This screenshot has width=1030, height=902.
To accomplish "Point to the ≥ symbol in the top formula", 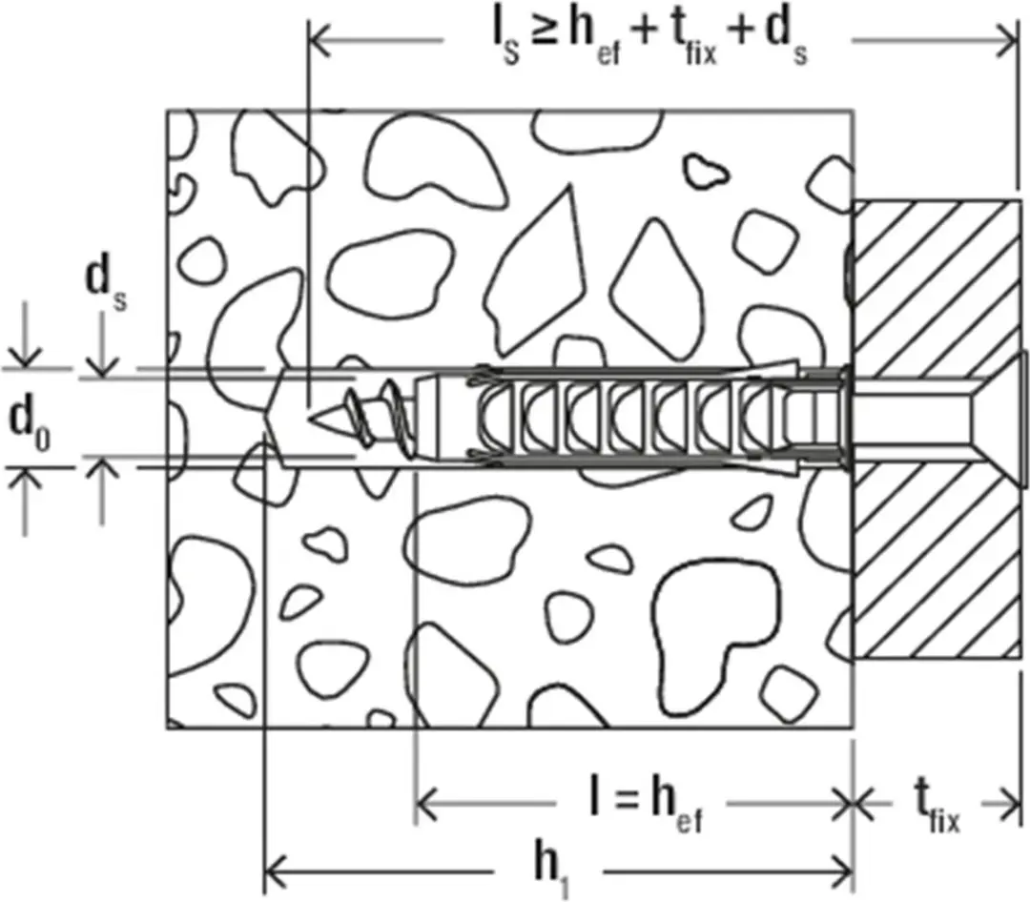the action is [544, 32].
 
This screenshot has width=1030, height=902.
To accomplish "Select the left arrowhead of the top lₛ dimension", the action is [319, 41].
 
